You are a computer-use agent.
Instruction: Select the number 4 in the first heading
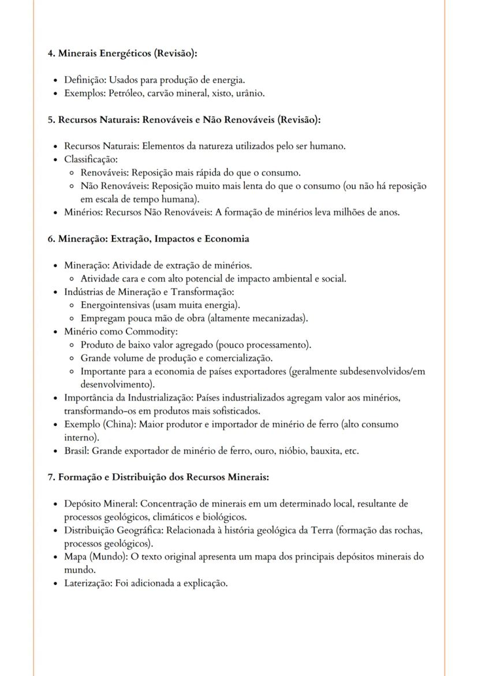[50, 53]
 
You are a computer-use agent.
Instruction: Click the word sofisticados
[234, 411]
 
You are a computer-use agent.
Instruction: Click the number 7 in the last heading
[50, 477]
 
